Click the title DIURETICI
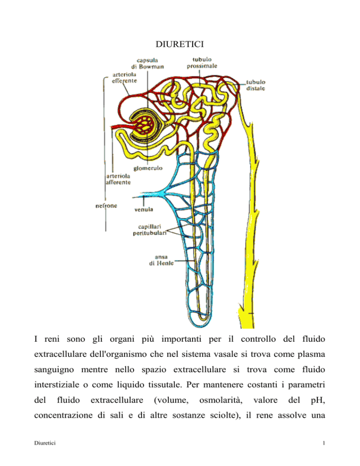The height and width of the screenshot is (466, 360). pos(180,44)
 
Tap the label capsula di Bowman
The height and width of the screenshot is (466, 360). pos(148,64)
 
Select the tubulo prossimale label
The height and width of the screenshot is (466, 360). pos(202,63)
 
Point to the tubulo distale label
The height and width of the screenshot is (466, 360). pos(255,85)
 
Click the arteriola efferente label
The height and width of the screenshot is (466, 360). pos(124,77)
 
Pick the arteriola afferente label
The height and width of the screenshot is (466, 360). pos(118,179)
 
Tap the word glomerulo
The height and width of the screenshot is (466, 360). pos(148,168)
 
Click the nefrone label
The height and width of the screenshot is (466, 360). pos(106,206)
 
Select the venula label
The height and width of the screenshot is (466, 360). pos(143,210)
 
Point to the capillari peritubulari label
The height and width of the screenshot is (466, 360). pos(150,230)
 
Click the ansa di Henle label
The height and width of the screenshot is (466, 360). pos(161,260)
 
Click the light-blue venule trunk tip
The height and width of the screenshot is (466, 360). pos(133,197)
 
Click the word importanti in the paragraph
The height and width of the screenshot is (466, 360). pos(181,339)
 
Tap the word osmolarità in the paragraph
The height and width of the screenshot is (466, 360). pos(221,400)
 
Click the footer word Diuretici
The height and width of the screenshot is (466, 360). pos(45,443)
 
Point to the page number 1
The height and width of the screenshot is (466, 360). pos(324,443)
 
